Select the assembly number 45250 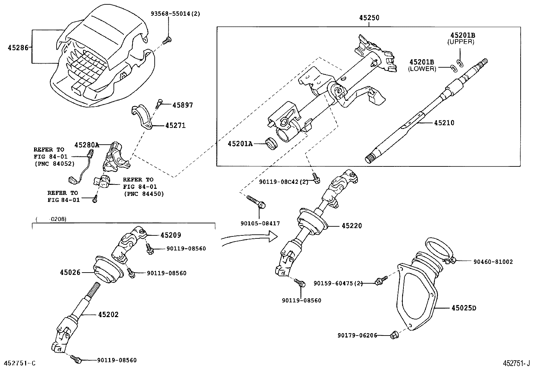pos(369,18)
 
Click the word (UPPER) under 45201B pos(461,42)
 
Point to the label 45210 pos(444,123)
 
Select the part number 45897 pos(182,105)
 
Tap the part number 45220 pos(352,226)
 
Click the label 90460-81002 pos(493,262)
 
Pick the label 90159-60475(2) pos(338,283)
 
